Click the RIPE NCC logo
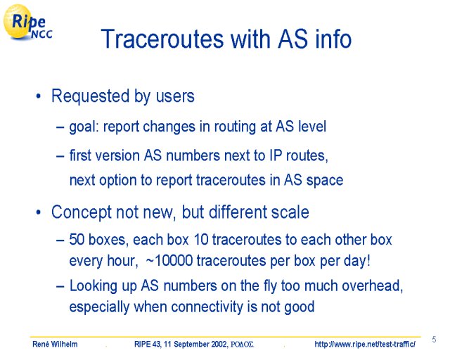pos(27,22)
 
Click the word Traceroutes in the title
pos(162,39)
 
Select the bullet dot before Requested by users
pos(39,96)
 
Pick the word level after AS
pos(312,127)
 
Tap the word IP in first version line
pos(276,155)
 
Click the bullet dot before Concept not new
pos(39,213)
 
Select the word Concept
pos(82,212)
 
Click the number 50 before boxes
pos(77,240)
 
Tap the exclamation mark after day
pos(368,261)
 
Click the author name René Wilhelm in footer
pos(55,344)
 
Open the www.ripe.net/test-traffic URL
pos(365,344)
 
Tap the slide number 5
pos(434,340)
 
